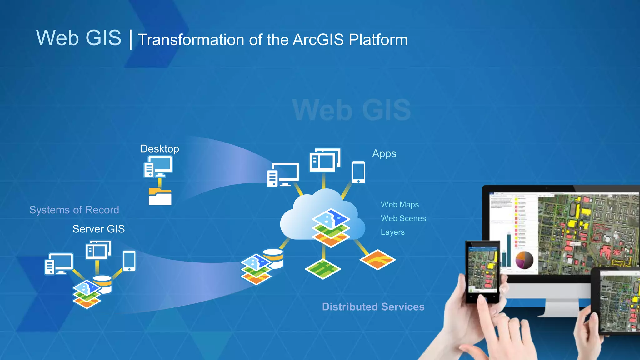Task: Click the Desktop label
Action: coord(159,149)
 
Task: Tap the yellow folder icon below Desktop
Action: coord(160,197)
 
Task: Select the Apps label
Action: coord(384,154)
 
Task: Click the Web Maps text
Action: coord(400,205)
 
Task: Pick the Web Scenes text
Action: coord(403,218)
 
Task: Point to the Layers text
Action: coord(392,232)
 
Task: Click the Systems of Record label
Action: coord(74,210)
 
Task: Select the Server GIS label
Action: coord(98,229)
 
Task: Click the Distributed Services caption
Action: coord(373,307)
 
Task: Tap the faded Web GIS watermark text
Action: coord(352,110)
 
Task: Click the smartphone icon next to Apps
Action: coord(358,172)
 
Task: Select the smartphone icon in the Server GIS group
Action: coord(129,261)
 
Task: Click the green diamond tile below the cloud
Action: coord(323,269)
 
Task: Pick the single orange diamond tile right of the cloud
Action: coord(377,259)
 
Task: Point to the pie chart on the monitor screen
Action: coord(524,260)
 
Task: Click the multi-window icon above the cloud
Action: coord(325,160)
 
